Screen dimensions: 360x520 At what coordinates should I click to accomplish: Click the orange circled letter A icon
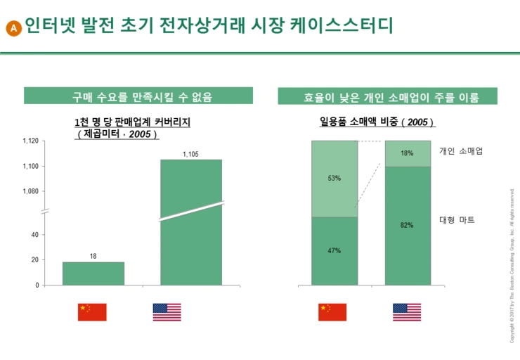coord(13,28)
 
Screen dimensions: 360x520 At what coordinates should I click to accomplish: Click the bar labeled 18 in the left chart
coord(93,274)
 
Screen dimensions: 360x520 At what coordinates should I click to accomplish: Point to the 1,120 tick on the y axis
coord(30,141)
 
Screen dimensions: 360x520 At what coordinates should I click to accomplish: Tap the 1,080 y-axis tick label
coord(30,191)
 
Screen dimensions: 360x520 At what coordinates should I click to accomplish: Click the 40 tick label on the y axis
coord(34,235)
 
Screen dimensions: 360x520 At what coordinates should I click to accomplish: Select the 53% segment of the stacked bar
coord(334,179)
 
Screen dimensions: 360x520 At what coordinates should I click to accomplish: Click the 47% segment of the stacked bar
coord(334,251)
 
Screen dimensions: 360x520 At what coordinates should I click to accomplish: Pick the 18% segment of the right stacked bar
coord(408,153)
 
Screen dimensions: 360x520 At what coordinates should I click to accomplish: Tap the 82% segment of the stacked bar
coord(408,226)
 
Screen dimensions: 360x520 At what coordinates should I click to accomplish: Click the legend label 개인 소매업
coord(461,150)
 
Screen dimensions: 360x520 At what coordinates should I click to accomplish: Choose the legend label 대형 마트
coord(457,220)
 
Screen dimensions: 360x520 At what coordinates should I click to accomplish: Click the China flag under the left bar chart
coord(92,312)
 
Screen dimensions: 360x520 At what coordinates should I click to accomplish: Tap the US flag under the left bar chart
coord(167,312)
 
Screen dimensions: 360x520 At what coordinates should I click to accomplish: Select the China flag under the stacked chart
coord(333,312)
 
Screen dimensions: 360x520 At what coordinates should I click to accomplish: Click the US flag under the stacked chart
coord(407,312)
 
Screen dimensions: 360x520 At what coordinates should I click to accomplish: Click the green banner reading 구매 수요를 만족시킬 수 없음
coord(138,96)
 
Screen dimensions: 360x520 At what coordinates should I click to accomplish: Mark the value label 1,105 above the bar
coord(190,154)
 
